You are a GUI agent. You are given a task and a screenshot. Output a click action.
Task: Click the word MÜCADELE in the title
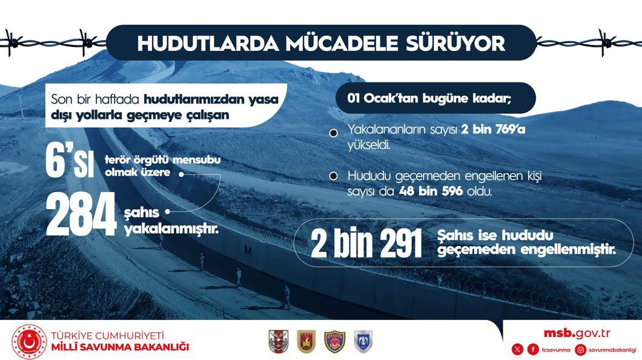pos(342,44)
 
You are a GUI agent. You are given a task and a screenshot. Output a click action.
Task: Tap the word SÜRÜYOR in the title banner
pos(455,44)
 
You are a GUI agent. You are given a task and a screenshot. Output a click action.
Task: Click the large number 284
pos(81,214)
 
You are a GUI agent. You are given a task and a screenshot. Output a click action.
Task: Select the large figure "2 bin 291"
pos(366,243)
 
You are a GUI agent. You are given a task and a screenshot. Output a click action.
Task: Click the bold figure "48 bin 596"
pos(431,191)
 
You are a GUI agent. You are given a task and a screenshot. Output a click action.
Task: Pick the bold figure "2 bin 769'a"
pos(493,130)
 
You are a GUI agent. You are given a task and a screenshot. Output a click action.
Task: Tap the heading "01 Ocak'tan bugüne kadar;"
pos(429,98)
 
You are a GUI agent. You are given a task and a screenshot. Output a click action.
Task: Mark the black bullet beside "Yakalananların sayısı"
pos(334,133)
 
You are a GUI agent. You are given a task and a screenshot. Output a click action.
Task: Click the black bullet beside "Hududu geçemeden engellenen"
pos(334,176)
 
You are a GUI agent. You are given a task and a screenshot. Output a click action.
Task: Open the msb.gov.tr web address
pos(577,333)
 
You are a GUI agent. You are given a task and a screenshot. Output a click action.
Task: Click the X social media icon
pos(517,349)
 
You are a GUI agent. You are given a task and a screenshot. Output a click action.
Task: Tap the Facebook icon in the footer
pos(533,349)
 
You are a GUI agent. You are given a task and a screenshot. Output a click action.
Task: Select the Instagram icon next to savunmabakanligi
pos(581,349)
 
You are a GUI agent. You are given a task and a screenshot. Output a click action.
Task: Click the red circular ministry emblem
pos(29,342)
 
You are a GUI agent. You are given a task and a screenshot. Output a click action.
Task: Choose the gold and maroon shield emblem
pos(306,342)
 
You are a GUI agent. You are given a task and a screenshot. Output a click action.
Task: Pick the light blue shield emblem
pos(363,342)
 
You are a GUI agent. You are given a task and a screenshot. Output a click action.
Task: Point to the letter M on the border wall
pos(248,251)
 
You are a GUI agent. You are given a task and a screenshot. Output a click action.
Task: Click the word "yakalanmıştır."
pos(171,228)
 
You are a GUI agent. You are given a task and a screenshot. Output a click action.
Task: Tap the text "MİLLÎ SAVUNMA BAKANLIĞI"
pos(120,347)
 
